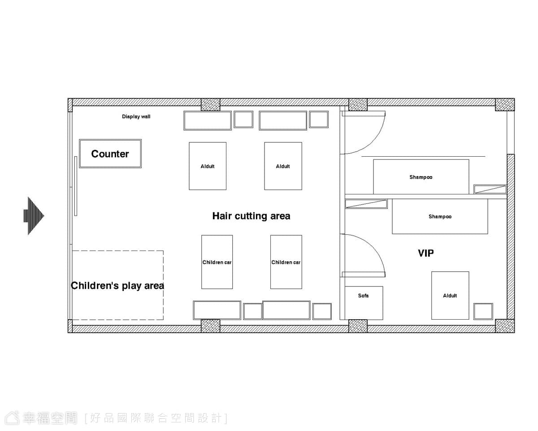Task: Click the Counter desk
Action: (110, 154)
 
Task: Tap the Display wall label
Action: (136, 116)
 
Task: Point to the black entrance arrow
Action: (34, 216)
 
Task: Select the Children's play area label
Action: (117, 286)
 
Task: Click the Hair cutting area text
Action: (251, 216)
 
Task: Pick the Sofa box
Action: (364, 303)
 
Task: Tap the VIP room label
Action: (426, 253)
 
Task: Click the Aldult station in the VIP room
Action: (450, 295)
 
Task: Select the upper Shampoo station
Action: (421, 177)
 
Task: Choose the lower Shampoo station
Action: (440, 216)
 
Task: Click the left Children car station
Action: (217, 262)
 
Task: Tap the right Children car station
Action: (286, 262)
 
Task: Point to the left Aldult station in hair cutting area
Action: (208, 166)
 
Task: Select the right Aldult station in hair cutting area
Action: (283, 166)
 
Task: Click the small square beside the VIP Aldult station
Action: (483, 311)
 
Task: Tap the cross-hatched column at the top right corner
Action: (505, 105)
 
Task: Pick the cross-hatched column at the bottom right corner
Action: (505, 326)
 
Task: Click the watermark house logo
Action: (12, 418)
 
